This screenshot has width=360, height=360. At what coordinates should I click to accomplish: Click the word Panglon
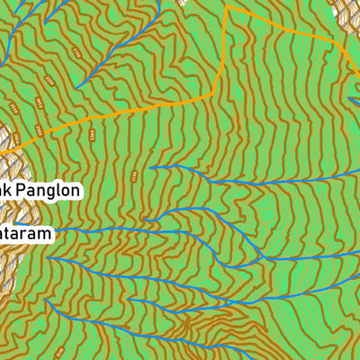coord(48,191)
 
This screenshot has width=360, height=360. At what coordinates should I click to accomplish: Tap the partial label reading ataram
coord(25,232)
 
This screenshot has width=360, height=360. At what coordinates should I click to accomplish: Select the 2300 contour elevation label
coord(92,134)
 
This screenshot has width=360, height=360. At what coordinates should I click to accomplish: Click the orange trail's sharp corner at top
coord(227,7)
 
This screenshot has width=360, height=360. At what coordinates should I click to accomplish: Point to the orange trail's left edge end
coord(3,154)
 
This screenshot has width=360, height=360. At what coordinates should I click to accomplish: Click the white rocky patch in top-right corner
coord(346,18)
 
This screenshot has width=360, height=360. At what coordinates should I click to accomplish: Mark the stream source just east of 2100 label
coord(150,167)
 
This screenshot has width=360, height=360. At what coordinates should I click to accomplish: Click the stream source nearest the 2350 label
coord(77,86)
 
